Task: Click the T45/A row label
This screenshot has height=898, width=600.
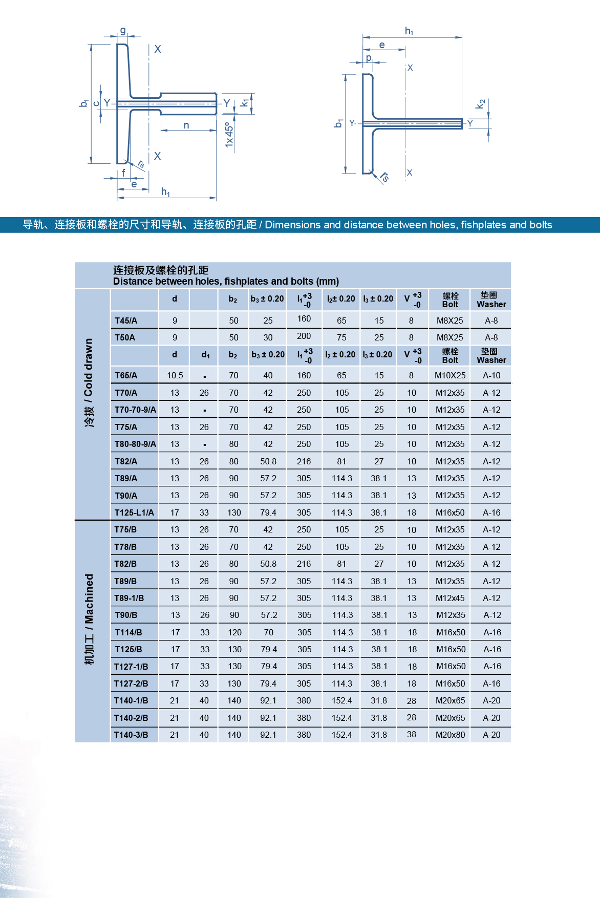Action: [126, 320]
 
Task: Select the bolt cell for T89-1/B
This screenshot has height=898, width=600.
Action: [450, 598]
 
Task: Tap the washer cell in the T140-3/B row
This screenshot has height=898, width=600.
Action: [491, 735]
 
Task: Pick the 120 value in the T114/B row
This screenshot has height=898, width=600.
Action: [234, 632]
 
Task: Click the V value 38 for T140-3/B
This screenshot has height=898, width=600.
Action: [412, 734]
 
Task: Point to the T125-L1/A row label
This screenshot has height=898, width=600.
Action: [134, 512]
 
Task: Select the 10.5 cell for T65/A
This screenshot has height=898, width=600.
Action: [175, 375]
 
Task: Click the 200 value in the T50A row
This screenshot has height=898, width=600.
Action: [304, 336]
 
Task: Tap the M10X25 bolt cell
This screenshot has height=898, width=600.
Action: [450, 375]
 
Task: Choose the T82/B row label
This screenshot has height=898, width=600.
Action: [125, 564]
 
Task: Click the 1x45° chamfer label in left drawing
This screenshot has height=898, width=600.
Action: [229, 135]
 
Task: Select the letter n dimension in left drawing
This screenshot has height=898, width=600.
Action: [186, 125]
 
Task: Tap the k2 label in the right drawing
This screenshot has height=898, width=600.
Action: [480, 104]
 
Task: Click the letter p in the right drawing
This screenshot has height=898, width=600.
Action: [369, 58]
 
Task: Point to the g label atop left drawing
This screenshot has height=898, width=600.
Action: [123, 31]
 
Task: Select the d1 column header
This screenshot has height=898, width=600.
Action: [205, 354]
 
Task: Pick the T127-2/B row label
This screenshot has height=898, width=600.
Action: [131, 683]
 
